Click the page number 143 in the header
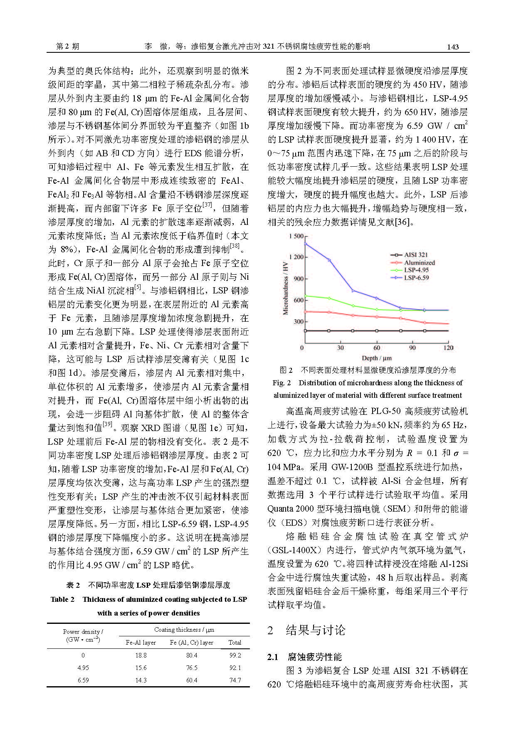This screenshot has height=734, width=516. [452, 47]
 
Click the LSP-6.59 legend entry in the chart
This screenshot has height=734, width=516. [416, 278]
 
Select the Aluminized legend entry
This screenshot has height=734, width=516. [419, 263]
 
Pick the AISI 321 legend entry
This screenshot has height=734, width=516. [416, 255]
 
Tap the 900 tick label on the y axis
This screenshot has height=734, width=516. [299, 278]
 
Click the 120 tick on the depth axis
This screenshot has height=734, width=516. [448, 347]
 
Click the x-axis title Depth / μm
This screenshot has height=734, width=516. [377, 358]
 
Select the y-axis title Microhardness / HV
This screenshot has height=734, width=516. [285, 288]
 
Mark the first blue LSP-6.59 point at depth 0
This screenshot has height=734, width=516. [306, 244]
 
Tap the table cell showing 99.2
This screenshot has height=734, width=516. [235, 655]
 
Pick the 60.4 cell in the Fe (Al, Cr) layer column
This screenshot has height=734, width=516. [192, 680]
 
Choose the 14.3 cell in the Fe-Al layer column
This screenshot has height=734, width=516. [141, 680]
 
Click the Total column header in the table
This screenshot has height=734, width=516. [235, 642]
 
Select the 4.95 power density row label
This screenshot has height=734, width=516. [83, 667]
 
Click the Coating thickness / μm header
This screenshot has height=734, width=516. [184, 630]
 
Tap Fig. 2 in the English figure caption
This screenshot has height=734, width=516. [282, 383]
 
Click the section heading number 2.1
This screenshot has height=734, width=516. [272, 657]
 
